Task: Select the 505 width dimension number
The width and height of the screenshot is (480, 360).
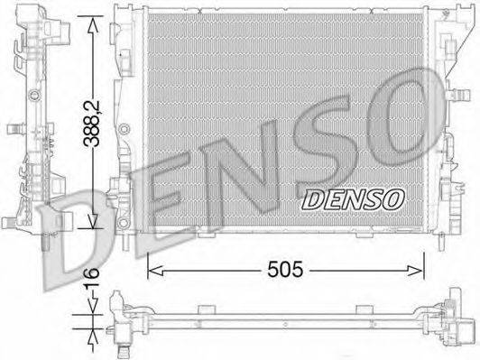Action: (x=285, y=270)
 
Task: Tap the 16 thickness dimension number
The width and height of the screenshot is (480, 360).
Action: (x=92, y=277)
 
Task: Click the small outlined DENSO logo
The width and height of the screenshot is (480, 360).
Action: (x=353, y=199)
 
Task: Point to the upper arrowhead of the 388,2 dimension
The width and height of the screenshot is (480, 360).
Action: (x=93, y=24)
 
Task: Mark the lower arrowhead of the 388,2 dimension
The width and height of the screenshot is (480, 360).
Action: (x=93, y=221)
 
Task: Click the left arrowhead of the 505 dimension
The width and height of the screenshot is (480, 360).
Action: (x=155, y=271)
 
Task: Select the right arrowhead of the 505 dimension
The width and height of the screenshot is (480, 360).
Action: (x=416, y=271)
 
